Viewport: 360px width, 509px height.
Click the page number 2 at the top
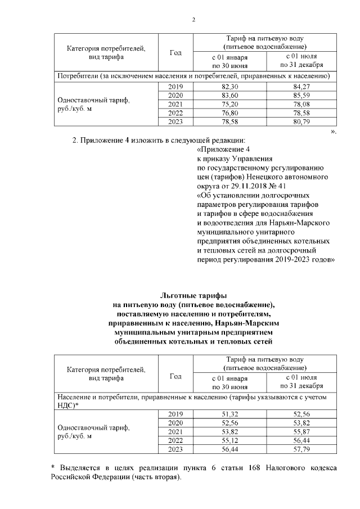pos(193,20)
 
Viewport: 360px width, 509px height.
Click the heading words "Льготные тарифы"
pos(193,295)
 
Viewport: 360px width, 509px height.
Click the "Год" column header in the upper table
pos(175,53)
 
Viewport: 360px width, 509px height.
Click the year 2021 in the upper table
pos(175,104)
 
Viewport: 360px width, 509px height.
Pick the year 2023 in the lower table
pos(175,450)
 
